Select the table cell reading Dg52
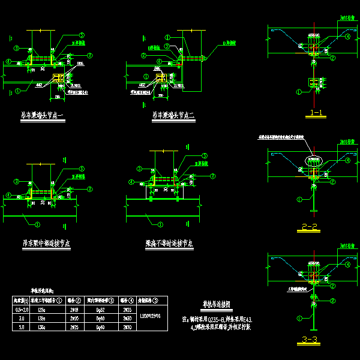point(100,308)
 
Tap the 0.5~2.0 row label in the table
point(20,308)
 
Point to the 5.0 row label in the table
point(20,327)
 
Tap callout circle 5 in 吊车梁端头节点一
point(82,37)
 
